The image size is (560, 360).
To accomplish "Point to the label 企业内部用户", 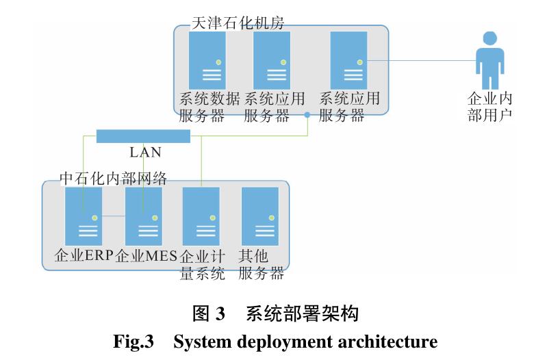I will click(489, 106).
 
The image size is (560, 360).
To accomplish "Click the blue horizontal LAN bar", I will click(143, 136).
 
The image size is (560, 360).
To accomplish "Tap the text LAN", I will click(145, 153).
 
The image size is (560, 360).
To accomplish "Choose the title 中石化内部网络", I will click(113, 178).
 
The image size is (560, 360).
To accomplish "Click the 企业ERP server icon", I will click(84, 216).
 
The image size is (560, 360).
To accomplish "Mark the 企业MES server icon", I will click(143, 216).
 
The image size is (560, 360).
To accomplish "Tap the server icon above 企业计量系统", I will click(201, 216).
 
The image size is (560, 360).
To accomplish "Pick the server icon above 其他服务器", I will click(260, 216).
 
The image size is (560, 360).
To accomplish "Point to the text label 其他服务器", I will click(261, 265).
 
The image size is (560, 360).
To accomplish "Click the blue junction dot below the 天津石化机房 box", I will click(307, 115).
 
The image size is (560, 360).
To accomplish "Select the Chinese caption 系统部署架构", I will click(302, 314).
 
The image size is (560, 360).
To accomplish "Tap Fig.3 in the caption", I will click(134, 341).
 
